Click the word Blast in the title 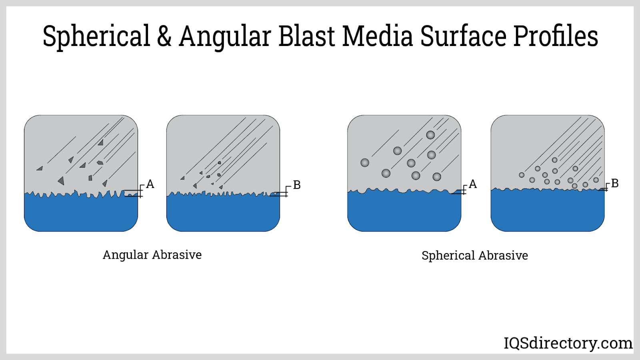(x=306, y=36)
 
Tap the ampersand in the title (x=164, y=36)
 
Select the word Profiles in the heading (x=556, y=36)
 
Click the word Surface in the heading (x=464, y=36)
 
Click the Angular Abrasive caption (x=152, y=255)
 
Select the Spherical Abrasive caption (x=474, y=256)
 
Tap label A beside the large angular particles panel (x=150, y=184)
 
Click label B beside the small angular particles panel (x=296, y=185)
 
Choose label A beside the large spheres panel (x=473, y=184)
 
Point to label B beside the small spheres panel (x=615, y=183)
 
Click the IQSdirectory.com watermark (x=568, y=343)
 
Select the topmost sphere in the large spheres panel (x=430, y=135)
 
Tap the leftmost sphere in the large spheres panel (x=365, y=162)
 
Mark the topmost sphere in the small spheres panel (x=554, y=160)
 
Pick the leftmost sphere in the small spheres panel (x=522, y=175)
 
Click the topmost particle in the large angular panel (x=100, y=142)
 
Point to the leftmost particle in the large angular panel (x=40, y=168)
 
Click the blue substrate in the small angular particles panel (x=223, y=214)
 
